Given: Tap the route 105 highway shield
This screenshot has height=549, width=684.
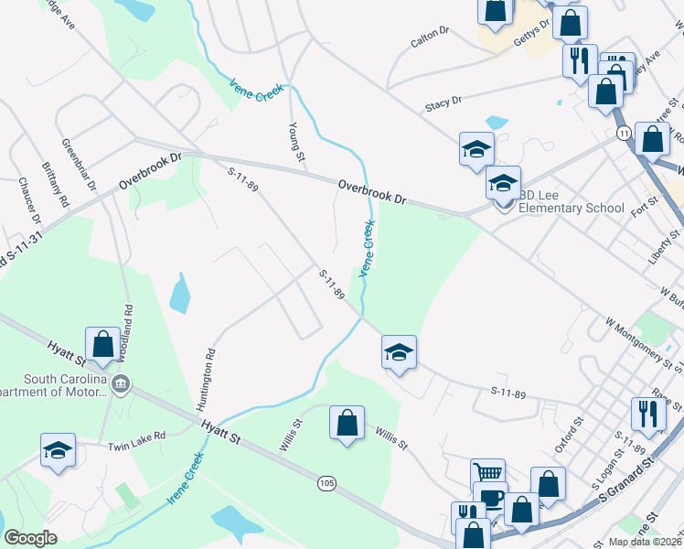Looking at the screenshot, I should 326,482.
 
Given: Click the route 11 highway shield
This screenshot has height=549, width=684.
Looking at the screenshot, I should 624,134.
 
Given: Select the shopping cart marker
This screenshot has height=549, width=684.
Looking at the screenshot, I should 487,473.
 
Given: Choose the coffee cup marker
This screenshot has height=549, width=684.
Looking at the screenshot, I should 492,497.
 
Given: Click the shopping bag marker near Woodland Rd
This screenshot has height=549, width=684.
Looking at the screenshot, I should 102,344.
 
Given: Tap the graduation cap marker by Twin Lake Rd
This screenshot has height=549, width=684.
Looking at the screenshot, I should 58,450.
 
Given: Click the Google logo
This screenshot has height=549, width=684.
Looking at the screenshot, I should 30,538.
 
